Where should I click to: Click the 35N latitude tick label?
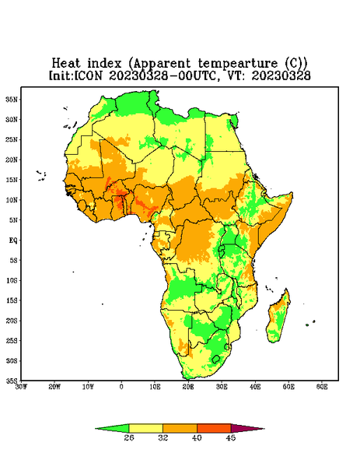(12, 100)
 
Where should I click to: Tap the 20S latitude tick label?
(12, 321)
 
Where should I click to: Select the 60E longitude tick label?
(322, 387)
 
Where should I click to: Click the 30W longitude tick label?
(21, 387)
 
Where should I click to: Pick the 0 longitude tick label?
(121, 387)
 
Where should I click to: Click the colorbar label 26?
(129, 437)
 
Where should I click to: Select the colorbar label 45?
(231, 437)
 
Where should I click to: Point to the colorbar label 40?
(197, 437)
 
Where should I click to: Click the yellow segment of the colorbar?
(145, 428)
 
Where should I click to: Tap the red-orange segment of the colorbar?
(214, 428)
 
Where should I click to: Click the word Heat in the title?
(66, 64)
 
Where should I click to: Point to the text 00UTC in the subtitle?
(197, 76)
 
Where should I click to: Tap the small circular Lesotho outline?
(215, 359)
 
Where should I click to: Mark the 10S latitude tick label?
(12, 280)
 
